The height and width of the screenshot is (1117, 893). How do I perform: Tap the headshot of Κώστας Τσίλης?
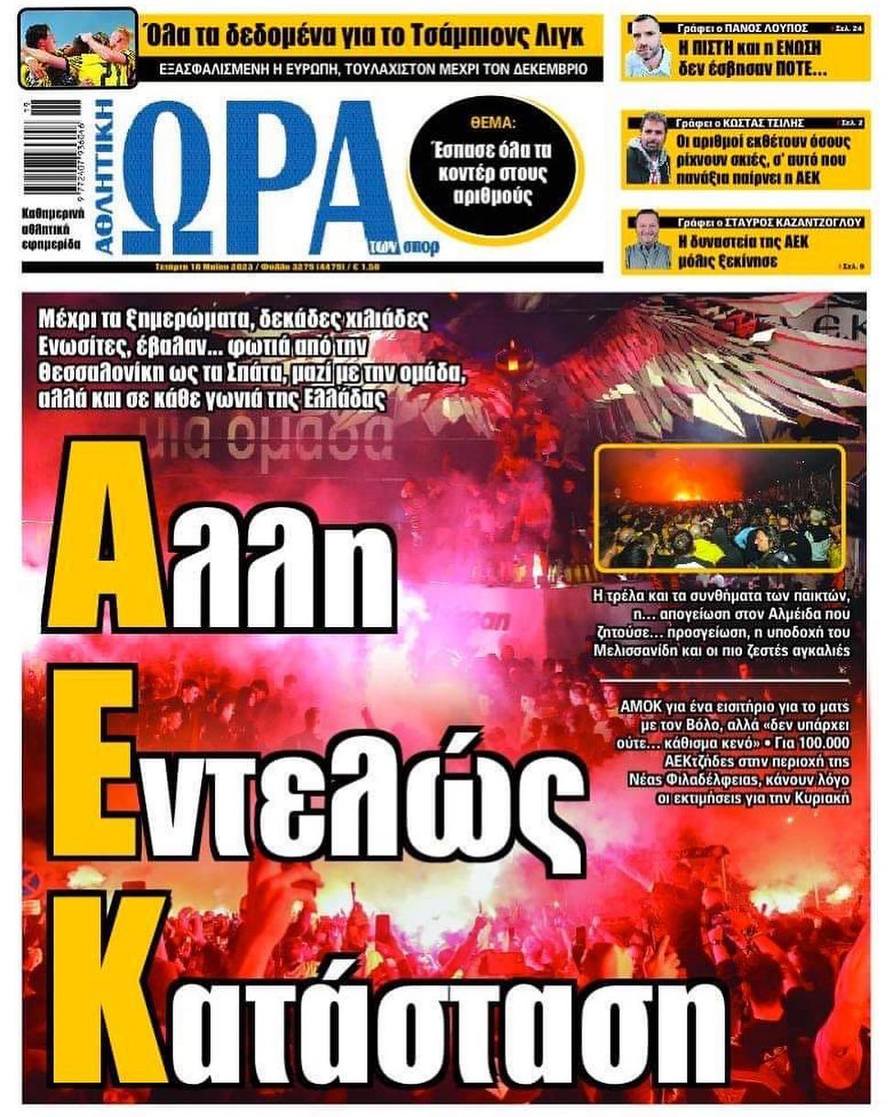[x=648, y=147]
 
